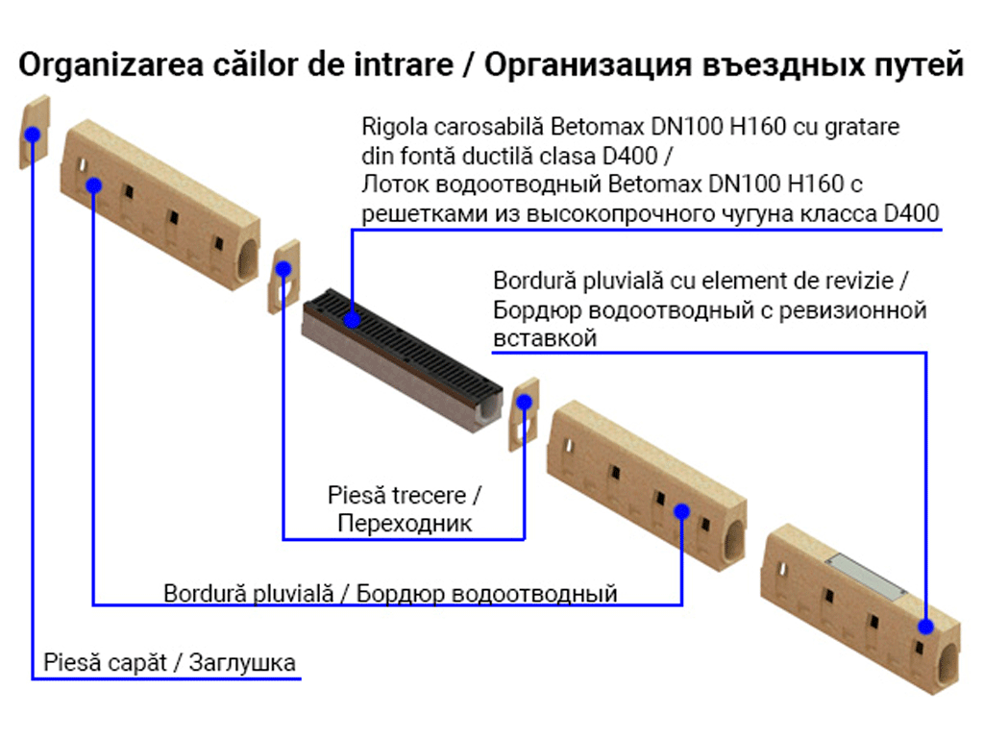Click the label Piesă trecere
click(404, 496)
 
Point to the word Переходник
click(405, 524)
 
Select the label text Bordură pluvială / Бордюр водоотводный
click(390, 593)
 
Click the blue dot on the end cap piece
click(33, 135)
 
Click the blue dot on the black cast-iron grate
click(353, 316)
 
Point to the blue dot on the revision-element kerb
click(924, 626)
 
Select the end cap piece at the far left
click(33, 135)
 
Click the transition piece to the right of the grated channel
click(524, 414)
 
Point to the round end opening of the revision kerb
click(947, 664)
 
